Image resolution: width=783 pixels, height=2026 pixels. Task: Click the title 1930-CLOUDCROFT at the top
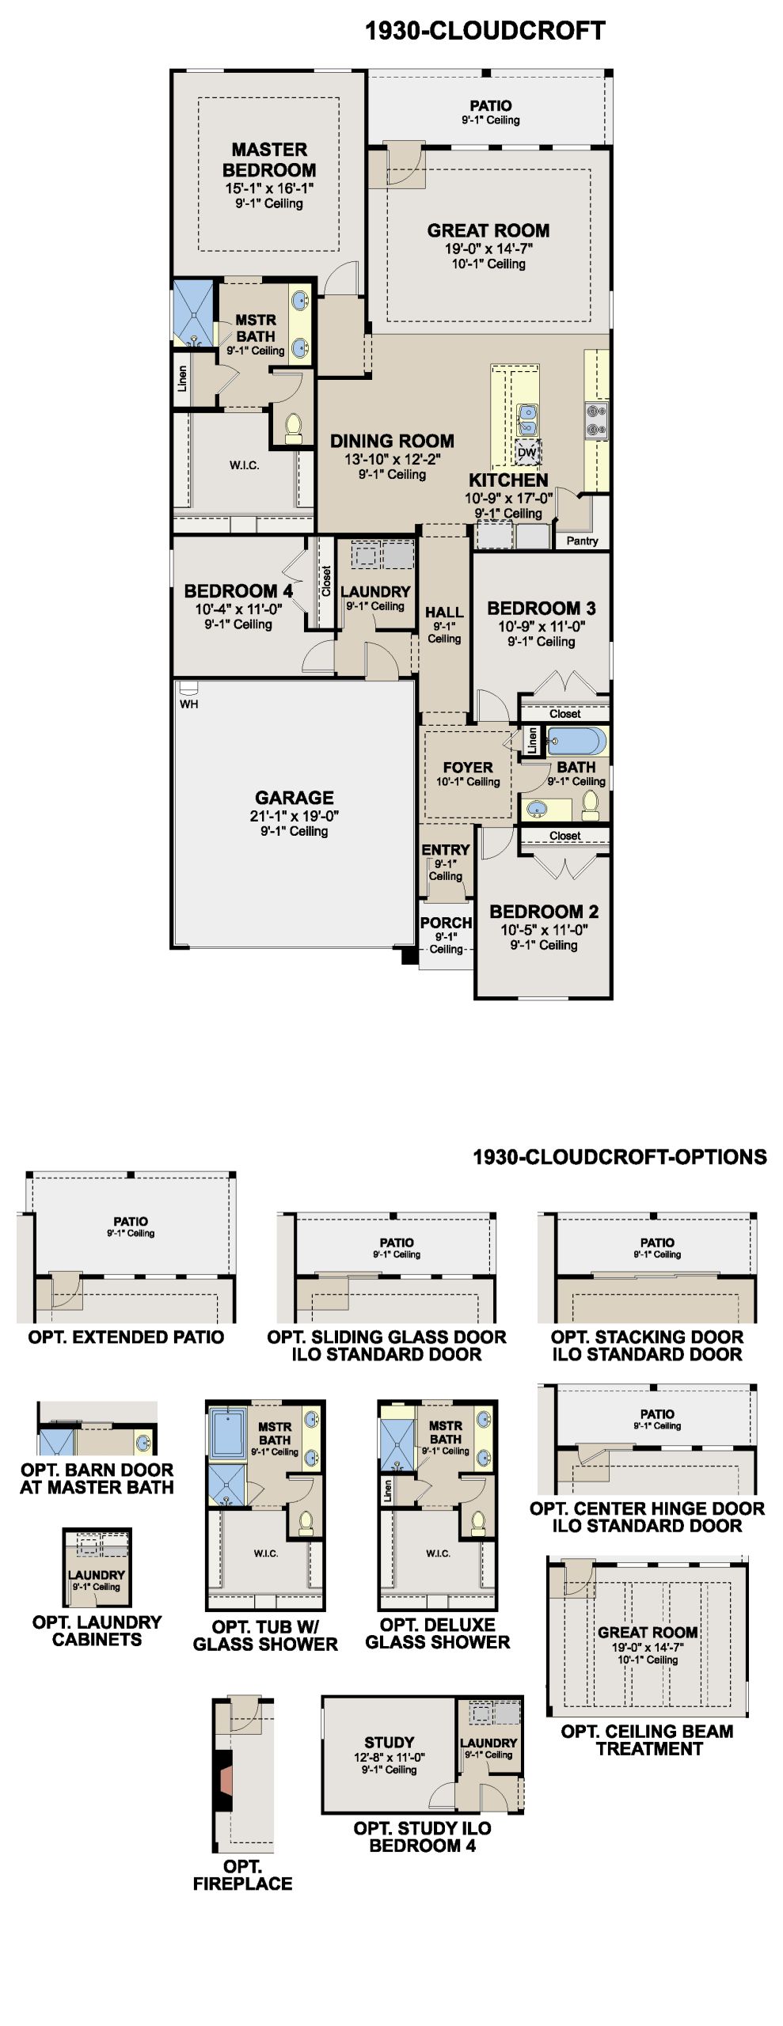coord(485,31)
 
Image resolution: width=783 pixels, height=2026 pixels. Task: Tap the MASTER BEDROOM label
coord(269,160)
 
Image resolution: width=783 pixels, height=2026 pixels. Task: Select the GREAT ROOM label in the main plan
coord(488,230)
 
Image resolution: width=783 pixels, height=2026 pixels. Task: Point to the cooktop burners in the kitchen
coord(596,419)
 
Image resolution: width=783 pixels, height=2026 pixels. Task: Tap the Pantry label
coord(582,541)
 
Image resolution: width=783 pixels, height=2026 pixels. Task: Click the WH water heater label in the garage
coord(188,704)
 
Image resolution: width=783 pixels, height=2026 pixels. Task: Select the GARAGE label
coord(295,798)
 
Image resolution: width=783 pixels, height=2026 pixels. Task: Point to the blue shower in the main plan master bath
coord(193,312)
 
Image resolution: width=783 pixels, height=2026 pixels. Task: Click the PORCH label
coord(446,923)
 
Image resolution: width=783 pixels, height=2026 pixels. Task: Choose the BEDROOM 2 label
coord(544,912)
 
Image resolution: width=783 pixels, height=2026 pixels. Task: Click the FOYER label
coord(468,768)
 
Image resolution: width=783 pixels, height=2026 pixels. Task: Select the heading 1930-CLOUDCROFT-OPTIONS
coord(620,1157)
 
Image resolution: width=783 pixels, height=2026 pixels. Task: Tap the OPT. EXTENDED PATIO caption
coord(126,1337)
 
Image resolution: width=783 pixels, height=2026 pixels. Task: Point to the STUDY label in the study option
coord(390,1743)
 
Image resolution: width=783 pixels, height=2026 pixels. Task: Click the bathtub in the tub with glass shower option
coord(228,1432)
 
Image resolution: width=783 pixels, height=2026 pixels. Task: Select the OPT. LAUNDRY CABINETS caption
coord(97,1631)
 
